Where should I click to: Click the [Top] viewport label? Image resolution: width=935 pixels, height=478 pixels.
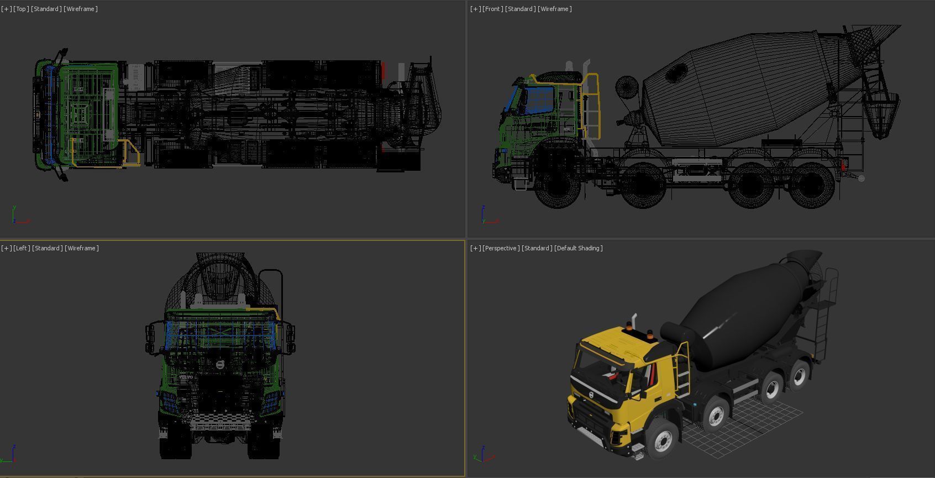[21, 9]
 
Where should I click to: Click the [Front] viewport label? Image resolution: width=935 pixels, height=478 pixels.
[491, 9]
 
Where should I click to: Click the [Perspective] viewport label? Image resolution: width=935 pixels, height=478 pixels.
[501, 248]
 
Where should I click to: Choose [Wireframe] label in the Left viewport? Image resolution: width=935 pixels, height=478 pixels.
[81, 248]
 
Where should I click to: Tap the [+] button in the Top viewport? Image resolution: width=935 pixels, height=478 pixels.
[6, 9]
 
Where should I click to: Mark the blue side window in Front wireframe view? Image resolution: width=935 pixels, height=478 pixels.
[538, 99]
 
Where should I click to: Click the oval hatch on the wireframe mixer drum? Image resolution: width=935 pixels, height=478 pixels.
[676, 72]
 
